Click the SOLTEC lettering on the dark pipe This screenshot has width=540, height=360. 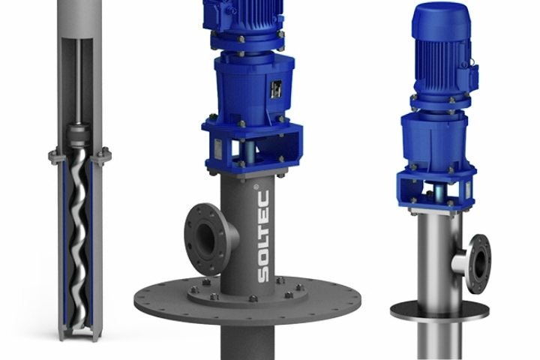point(263,236)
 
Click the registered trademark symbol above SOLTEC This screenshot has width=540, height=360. point(256,187)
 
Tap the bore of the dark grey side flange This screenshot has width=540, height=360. point(205,238)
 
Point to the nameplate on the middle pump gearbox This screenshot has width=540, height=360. point(276,90)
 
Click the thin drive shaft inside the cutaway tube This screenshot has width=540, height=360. point(79,81)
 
